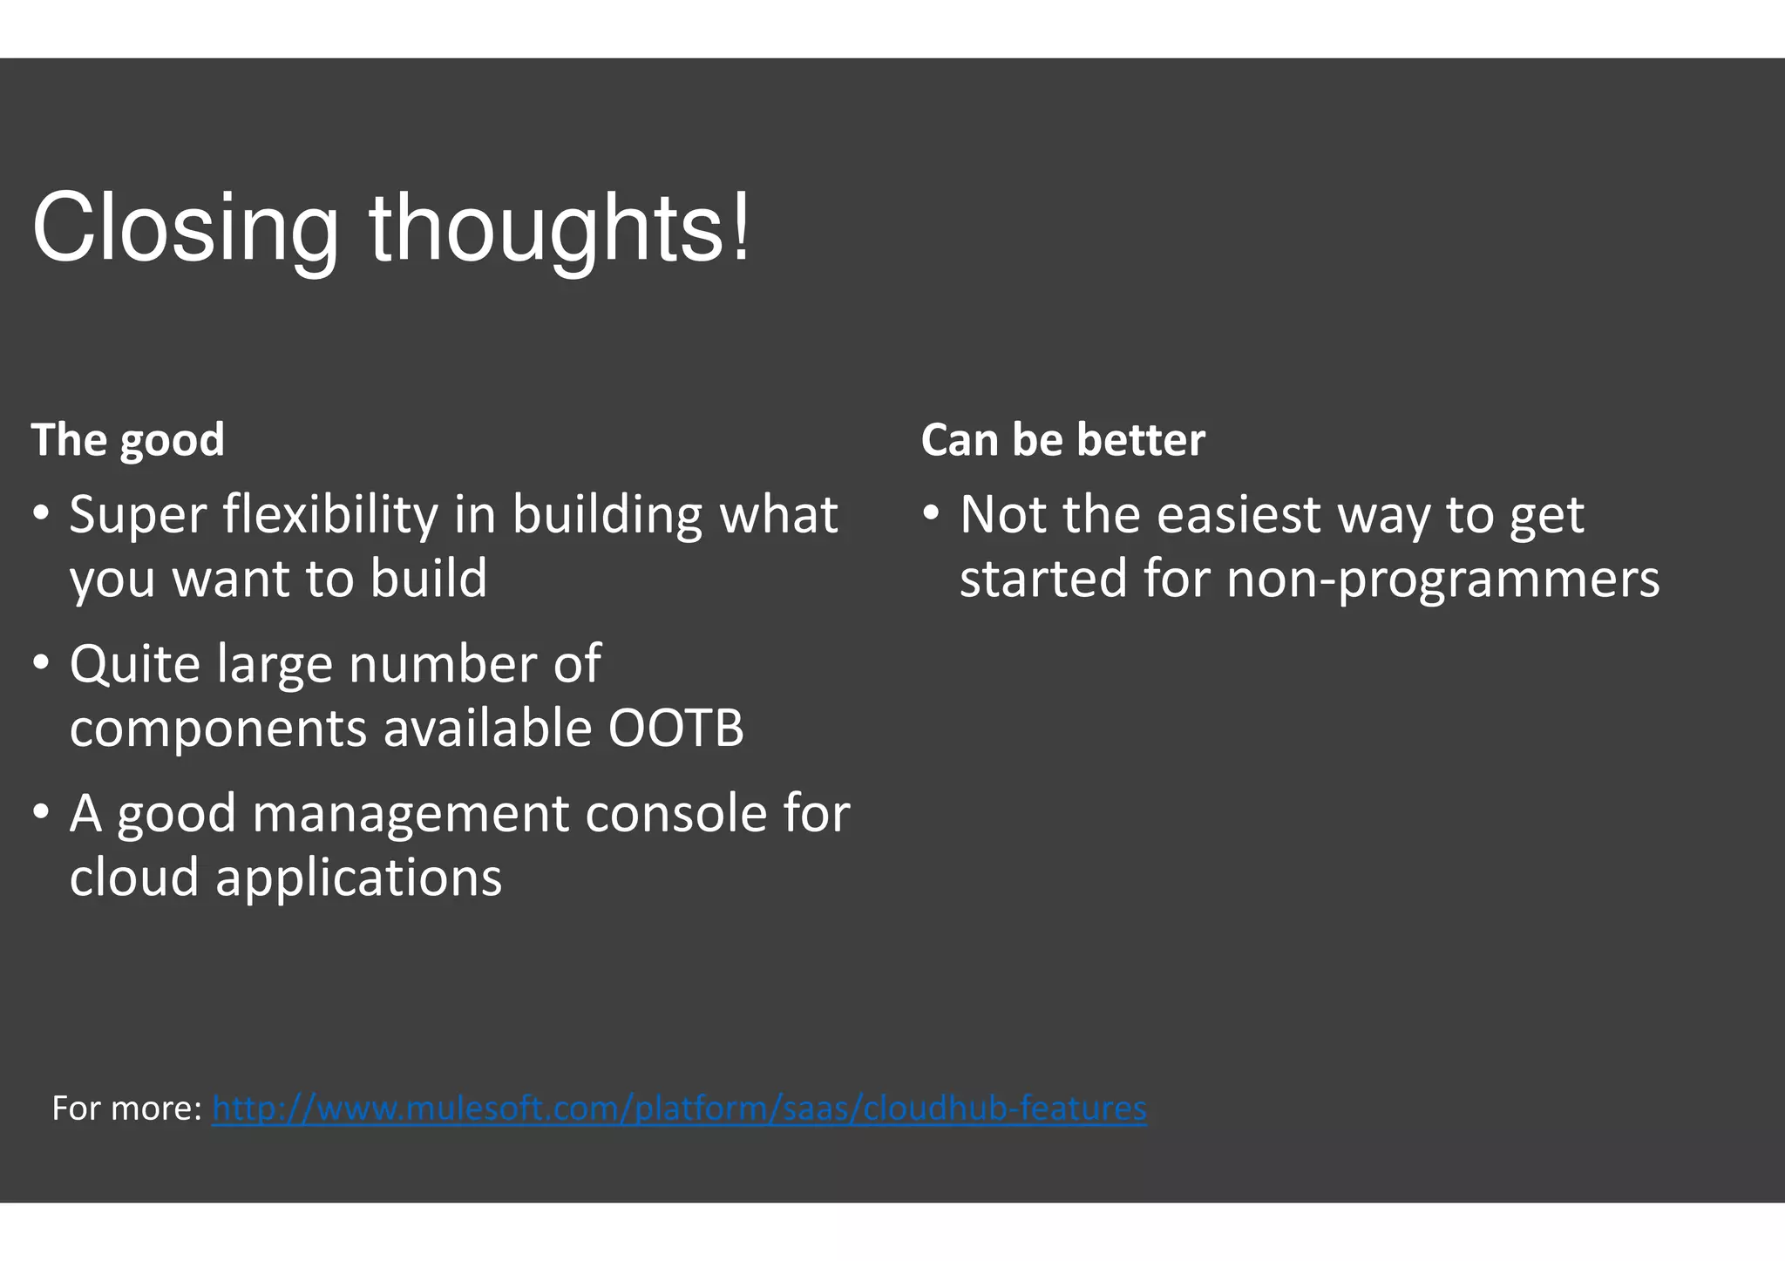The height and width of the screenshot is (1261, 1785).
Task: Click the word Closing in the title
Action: (185, 229)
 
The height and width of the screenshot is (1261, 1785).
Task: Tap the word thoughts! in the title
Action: (558, 229)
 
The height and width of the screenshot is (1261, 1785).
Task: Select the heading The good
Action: (128, 439)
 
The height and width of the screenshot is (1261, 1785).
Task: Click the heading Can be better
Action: (1062, 439)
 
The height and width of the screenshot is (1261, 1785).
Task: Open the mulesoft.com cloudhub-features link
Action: (679, 1108)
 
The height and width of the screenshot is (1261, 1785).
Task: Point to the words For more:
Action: (126, 1108)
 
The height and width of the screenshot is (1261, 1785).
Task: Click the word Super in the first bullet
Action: (138, 515)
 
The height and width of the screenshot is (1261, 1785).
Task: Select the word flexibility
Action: (330, 515)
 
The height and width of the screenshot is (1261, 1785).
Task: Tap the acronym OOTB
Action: (675, 728)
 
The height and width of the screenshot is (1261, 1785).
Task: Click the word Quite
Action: (134, 665)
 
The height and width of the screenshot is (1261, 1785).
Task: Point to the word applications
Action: (358, 878)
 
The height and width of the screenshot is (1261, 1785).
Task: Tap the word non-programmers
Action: (1442, 580)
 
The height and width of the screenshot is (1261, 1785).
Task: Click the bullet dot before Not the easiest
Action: (931, 512)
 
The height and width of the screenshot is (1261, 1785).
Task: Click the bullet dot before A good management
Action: (41, 813)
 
